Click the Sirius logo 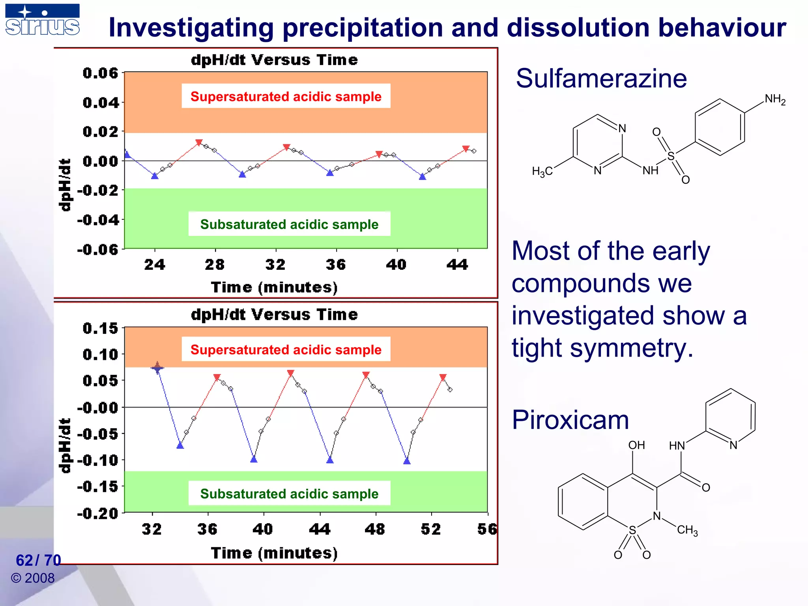[42, 20]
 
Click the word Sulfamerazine [601, 79]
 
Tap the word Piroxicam [570, 420]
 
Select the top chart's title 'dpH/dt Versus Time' [274, 60]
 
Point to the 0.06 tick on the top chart [101, 73]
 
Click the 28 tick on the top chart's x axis [215, 264]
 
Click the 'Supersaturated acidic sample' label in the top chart [286, 96]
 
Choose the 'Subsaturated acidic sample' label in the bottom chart [289, 494]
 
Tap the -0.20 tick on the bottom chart [98, 513]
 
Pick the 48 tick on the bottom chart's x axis [375, 529]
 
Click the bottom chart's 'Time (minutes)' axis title [274, 553]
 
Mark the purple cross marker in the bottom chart [157, 368]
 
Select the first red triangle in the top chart [199, 142]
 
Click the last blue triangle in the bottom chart [407, 461]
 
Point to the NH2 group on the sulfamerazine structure [775, 99]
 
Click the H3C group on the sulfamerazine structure [542, 172]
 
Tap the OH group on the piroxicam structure [636, 445]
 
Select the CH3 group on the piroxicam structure [687, 530]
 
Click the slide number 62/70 [38, 560]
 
